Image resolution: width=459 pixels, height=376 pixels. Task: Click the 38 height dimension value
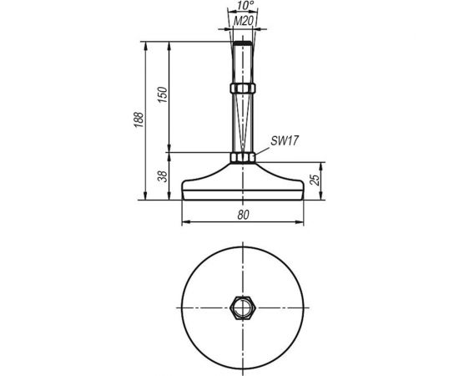[164, 176]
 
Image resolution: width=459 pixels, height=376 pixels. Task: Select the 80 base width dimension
[242, 215]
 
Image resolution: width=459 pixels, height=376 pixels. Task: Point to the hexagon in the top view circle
[241, 307]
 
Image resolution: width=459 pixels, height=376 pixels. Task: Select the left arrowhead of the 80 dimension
[184, 221]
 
